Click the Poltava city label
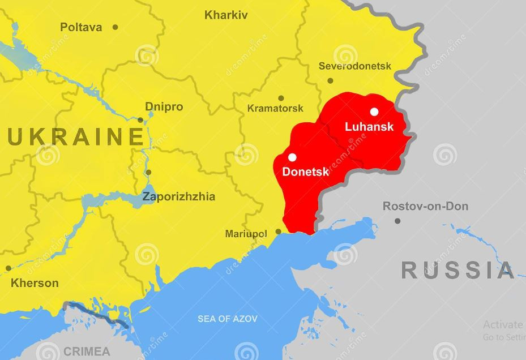point(81,27)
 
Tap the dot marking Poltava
point(115,27)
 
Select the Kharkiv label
point(226,15)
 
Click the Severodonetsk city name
point(355,66)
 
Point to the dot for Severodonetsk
point(331,80)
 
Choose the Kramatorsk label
point(275,108)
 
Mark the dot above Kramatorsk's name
point(281,98)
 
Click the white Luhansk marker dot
point(374,112)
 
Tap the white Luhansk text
point(369,127)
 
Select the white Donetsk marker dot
point(292,157)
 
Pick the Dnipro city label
point(164,106)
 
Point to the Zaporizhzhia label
point(178,197)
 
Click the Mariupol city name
point(246,233)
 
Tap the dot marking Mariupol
point(278,232)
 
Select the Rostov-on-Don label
point(425,206)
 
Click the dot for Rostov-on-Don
point(397,221)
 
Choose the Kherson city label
point(35,282)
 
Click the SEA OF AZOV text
point(227,319)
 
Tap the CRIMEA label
point(87,351)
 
